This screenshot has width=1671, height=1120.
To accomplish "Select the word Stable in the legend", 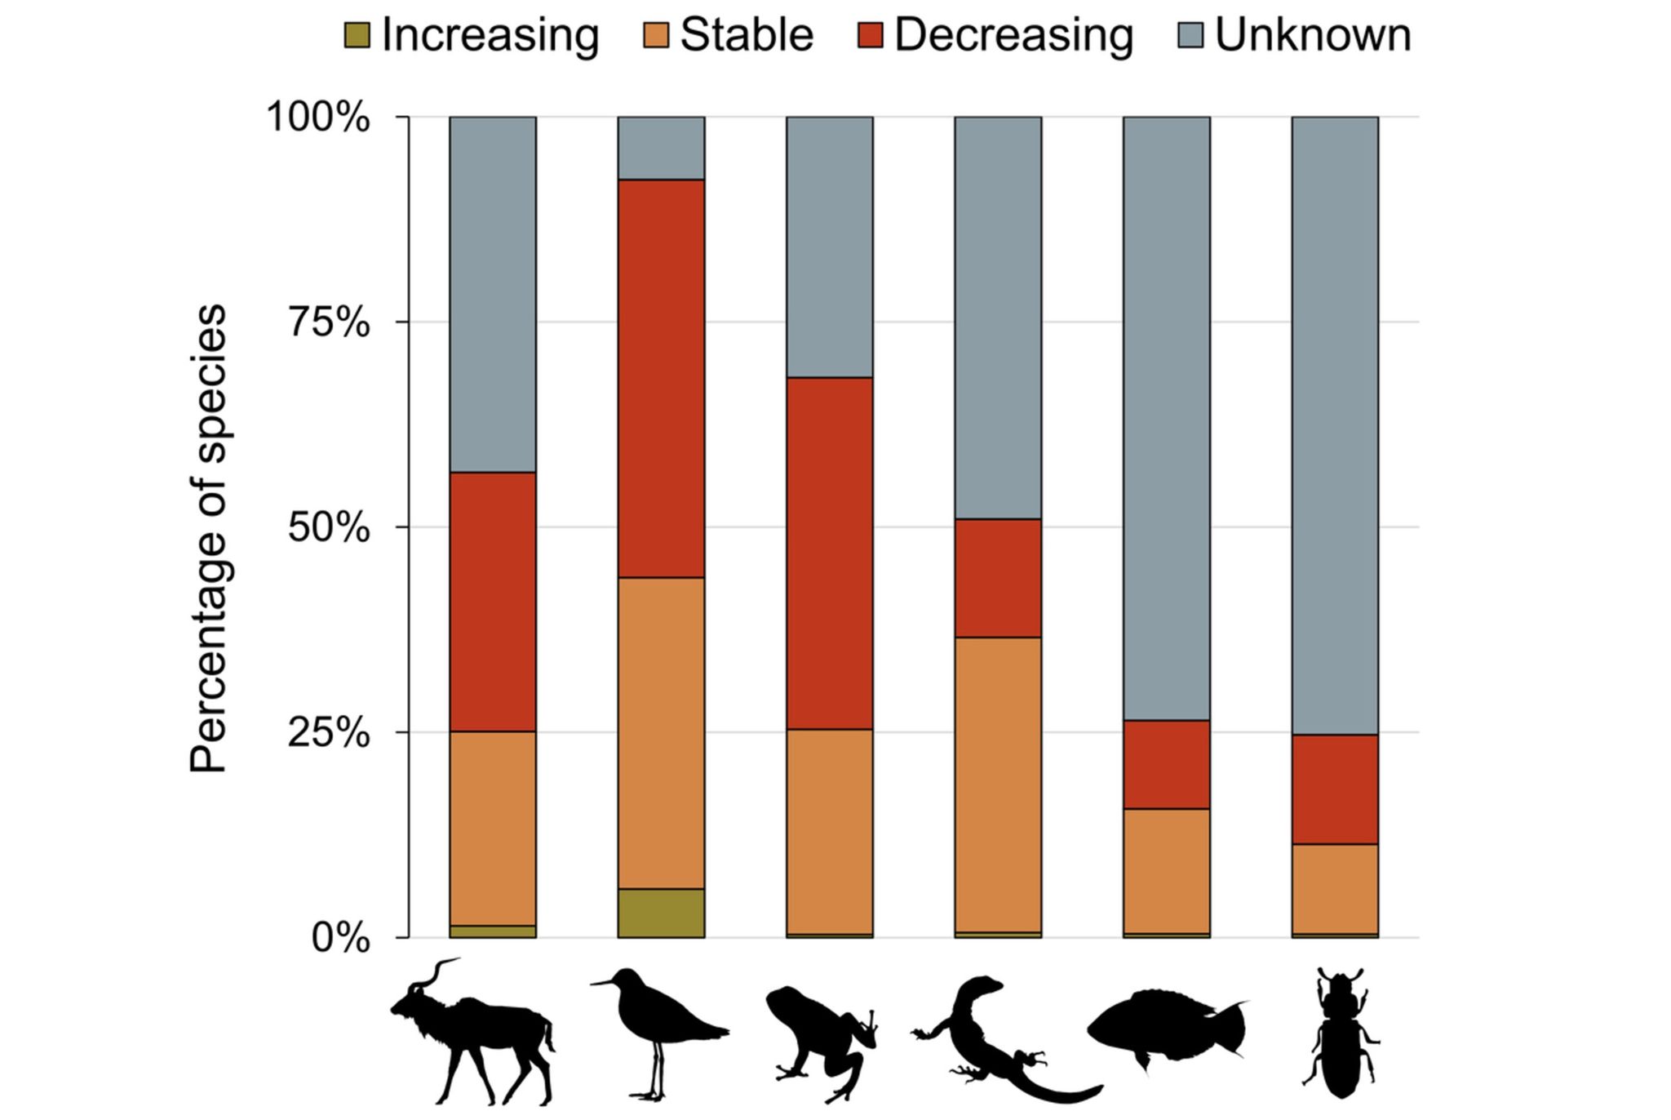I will [x=747, y=36].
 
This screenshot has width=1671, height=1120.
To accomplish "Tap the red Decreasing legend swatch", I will [x=871, y=36].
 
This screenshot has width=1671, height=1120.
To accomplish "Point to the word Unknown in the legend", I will [x=1313, y=36].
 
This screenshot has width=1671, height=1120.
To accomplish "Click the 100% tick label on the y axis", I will [x=319, y=118].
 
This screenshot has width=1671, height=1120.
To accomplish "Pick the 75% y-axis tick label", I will [x=330, y=323].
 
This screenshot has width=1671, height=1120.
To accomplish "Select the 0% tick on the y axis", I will [x=341, y=939].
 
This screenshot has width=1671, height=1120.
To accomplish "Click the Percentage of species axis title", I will [x=207, y=539].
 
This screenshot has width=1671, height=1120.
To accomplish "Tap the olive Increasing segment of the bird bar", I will [x=661, y=913].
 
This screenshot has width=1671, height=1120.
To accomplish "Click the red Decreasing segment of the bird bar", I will [x=661, y=379].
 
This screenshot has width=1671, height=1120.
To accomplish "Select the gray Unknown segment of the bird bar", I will [x=661, y=148].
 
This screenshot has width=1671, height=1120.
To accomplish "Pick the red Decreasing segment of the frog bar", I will [x=829, y=553].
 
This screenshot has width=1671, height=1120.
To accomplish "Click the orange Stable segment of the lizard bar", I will [x=998, y=784].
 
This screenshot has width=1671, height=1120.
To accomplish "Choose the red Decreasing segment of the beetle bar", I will [x=1335, y=789].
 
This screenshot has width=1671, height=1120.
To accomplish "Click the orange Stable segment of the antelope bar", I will [x=493, y=828].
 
